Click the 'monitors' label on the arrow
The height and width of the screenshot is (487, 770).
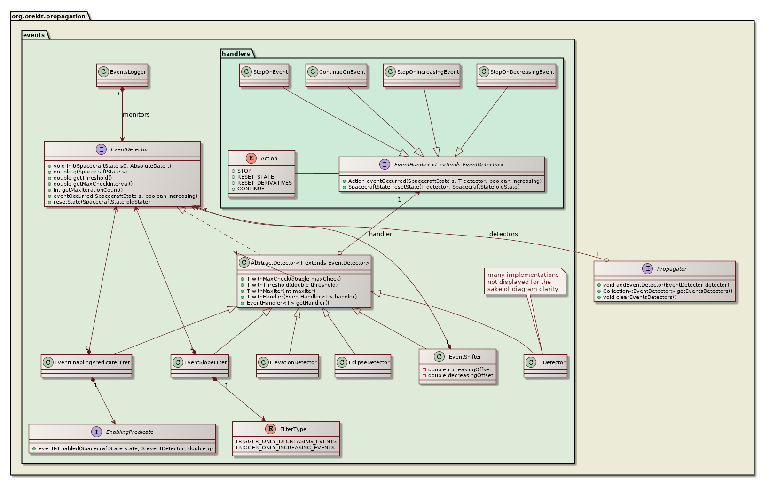136,115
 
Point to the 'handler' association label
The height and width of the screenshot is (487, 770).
380,234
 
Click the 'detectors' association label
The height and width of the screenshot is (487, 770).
503,234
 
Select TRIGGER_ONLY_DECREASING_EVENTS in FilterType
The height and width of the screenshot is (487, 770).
286,441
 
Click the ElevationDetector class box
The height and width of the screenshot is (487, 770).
287,365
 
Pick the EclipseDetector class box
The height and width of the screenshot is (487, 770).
363,365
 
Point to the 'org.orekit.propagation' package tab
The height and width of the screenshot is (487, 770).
48,16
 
